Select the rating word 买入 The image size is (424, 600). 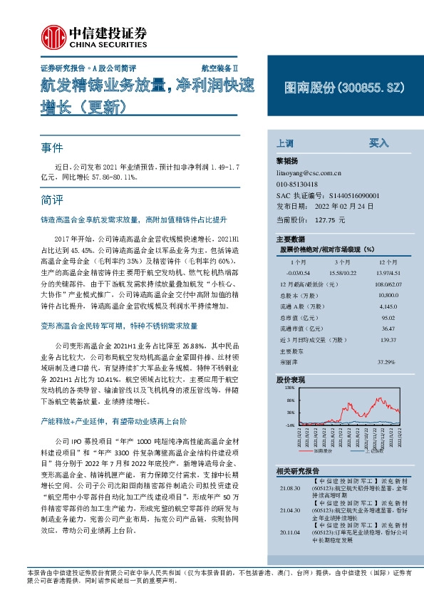coord(378,143)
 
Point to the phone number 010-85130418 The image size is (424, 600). coord(297,184)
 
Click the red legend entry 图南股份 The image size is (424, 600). coord(321,451)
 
